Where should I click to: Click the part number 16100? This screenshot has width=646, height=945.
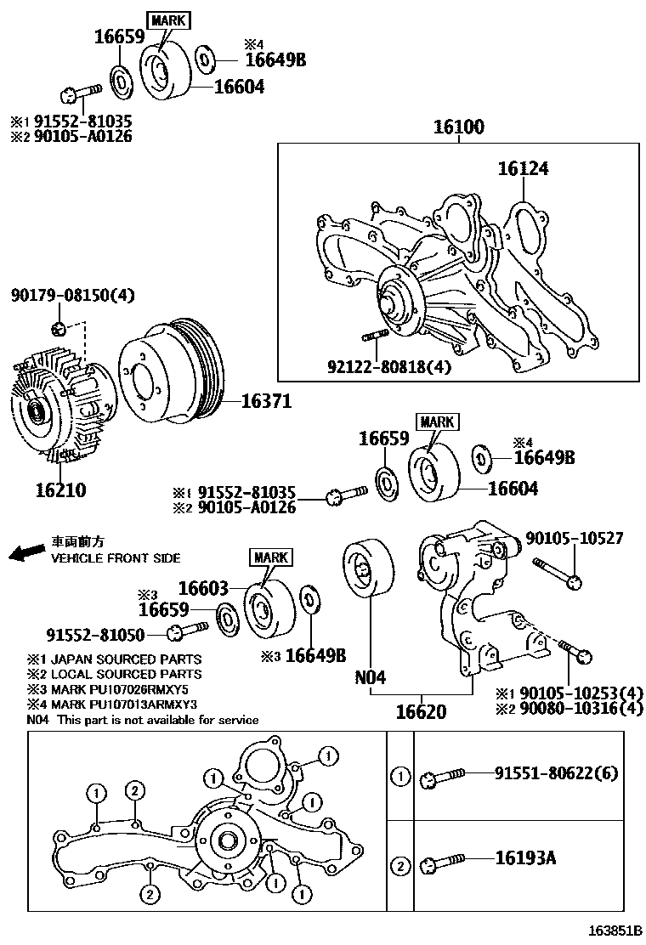pos(458,128)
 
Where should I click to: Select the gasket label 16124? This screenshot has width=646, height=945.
pos(523,169)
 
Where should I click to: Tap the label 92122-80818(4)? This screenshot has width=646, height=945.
pos(388,367)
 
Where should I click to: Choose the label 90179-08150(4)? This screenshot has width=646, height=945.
pos(73,296)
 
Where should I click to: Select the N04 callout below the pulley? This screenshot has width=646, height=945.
pos(371,677)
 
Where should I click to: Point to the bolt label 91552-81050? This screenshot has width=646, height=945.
pos(95,634)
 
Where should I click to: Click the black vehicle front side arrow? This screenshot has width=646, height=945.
pos(25,553)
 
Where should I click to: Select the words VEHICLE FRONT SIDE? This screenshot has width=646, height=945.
pos(116,558)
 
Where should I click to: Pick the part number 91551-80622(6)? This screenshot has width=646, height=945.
pos(557,773)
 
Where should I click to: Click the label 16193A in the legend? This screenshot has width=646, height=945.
pos(525,858)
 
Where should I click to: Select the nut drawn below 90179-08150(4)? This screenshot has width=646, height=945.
pos(58,329)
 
